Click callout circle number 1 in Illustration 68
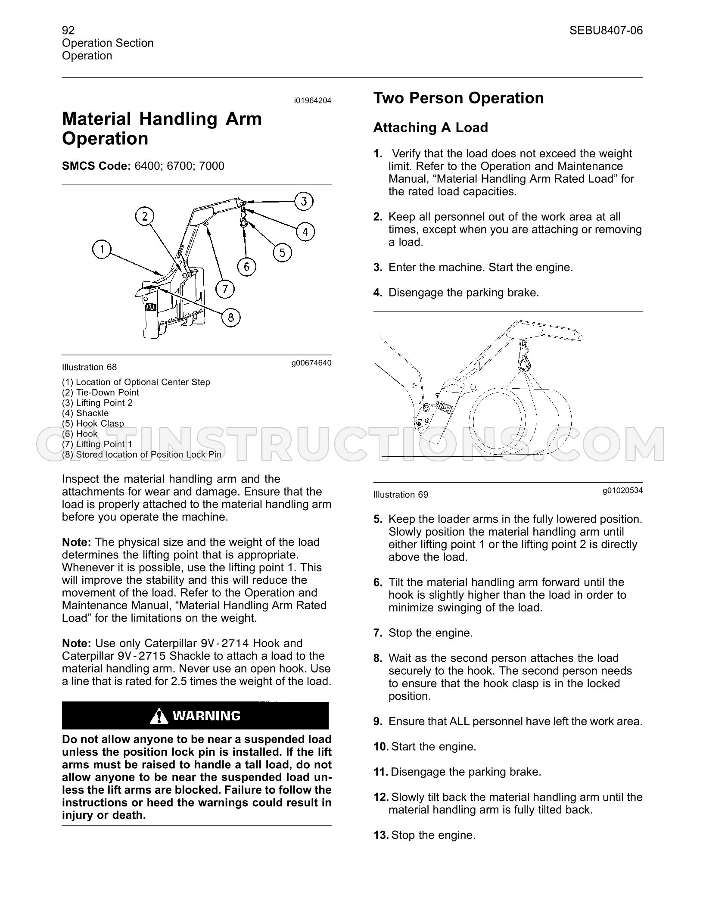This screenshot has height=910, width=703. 102,249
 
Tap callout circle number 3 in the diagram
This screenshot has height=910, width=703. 304,201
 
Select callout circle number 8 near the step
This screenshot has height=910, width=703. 231,318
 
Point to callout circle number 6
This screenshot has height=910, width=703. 246,267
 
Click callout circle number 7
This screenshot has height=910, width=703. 225,289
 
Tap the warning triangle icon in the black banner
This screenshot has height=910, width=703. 159,716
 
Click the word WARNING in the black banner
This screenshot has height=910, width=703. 206,716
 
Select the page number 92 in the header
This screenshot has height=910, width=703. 68,30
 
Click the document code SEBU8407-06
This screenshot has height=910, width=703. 606,30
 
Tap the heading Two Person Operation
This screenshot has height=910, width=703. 458,98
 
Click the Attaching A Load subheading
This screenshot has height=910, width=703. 431,128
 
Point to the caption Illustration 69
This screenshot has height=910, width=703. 401,495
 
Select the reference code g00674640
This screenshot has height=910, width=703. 311,363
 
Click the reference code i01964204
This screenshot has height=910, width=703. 313,101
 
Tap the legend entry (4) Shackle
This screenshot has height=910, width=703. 85,413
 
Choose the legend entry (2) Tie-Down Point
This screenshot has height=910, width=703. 100,393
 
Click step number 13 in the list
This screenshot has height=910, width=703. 381,835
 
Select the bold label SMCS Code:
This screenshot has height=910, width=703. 96,166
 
